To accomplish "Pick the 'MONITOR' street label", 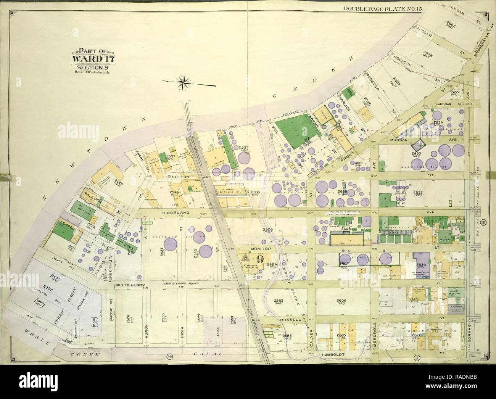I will [x=261, y=248].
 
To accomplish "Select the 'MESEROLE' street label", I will [x=375, y=335].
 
